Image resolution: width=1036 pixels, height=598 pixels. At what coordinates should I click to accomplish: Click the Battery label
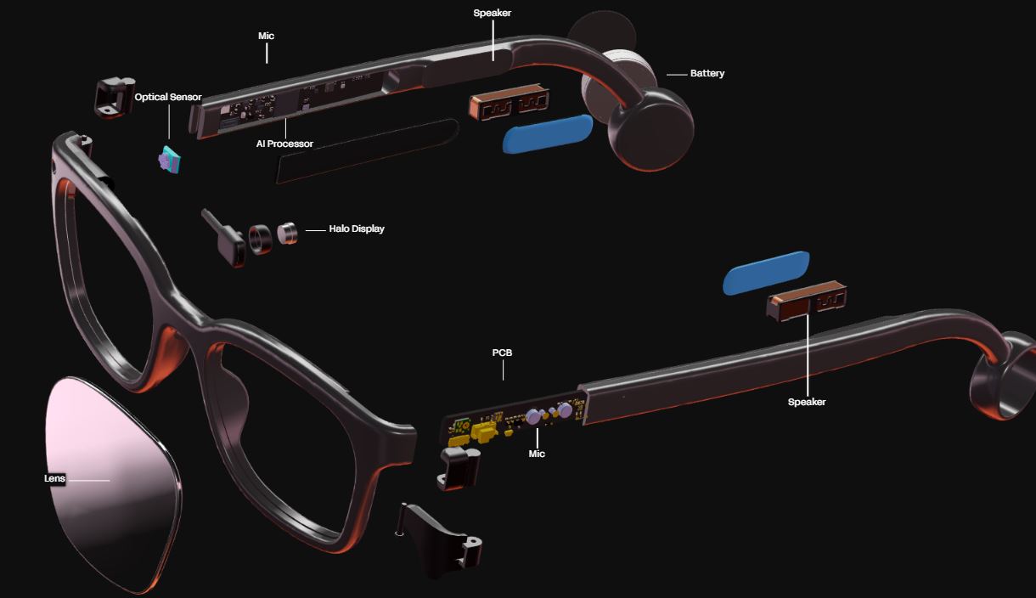[x=707, y=74]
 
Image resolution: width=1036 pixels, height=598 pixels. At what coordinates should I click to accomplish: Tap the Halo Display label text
[x=357, y=229]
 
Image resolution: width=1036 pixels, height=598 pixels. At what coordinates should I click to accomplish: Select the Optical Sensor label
[x=168, y=98]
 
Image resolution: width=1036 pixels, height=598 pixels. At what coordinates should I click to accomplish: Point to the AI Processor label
[x=284, y=144]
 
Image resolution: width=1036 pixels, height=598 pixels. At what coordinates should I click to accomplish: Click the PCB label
[x=502, y=353]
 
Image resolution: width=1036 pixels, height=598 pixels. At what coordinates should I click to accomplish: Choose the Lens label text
[x=54, y=479]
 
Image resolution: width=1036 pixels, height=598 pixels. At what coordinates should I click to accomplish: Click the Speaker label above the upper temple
[x=493, y=14]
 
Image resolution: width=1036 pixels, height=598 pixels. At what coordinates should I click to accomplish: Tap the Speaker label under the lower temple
[x=807, y=403]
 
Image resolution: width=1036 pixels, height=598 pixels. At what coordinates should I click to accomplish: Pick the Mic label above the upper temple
[x=266, y=37]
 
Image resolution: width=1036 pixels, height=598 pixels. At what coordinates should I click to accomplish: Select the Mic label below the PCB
[x=537, y=454]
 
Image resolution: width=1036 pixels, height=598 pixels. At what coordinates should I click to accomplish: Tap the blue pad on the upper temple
[x=548, y=133]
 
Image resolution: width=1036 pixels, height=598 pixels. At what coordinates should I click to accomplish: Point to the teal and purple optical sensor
[x=171, y=160]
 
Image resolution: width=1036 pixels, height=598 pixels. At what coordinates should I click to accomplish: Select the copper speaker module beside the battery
[x=508, y=105]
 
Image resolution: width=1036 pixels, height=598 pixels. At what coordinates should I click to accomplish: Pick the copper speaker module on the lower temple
[x=807, y=302]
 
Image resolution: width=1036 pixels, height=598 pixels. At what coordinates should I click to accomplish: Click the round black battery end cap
[x=650, y=127]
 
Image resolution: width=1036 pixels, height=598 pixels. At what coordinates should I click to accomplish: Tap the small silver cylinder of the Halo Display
[x=289, y=233]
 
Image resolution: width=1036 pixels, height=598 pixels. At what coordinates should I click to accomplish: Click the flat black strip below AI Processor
[x=367, y=150]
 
